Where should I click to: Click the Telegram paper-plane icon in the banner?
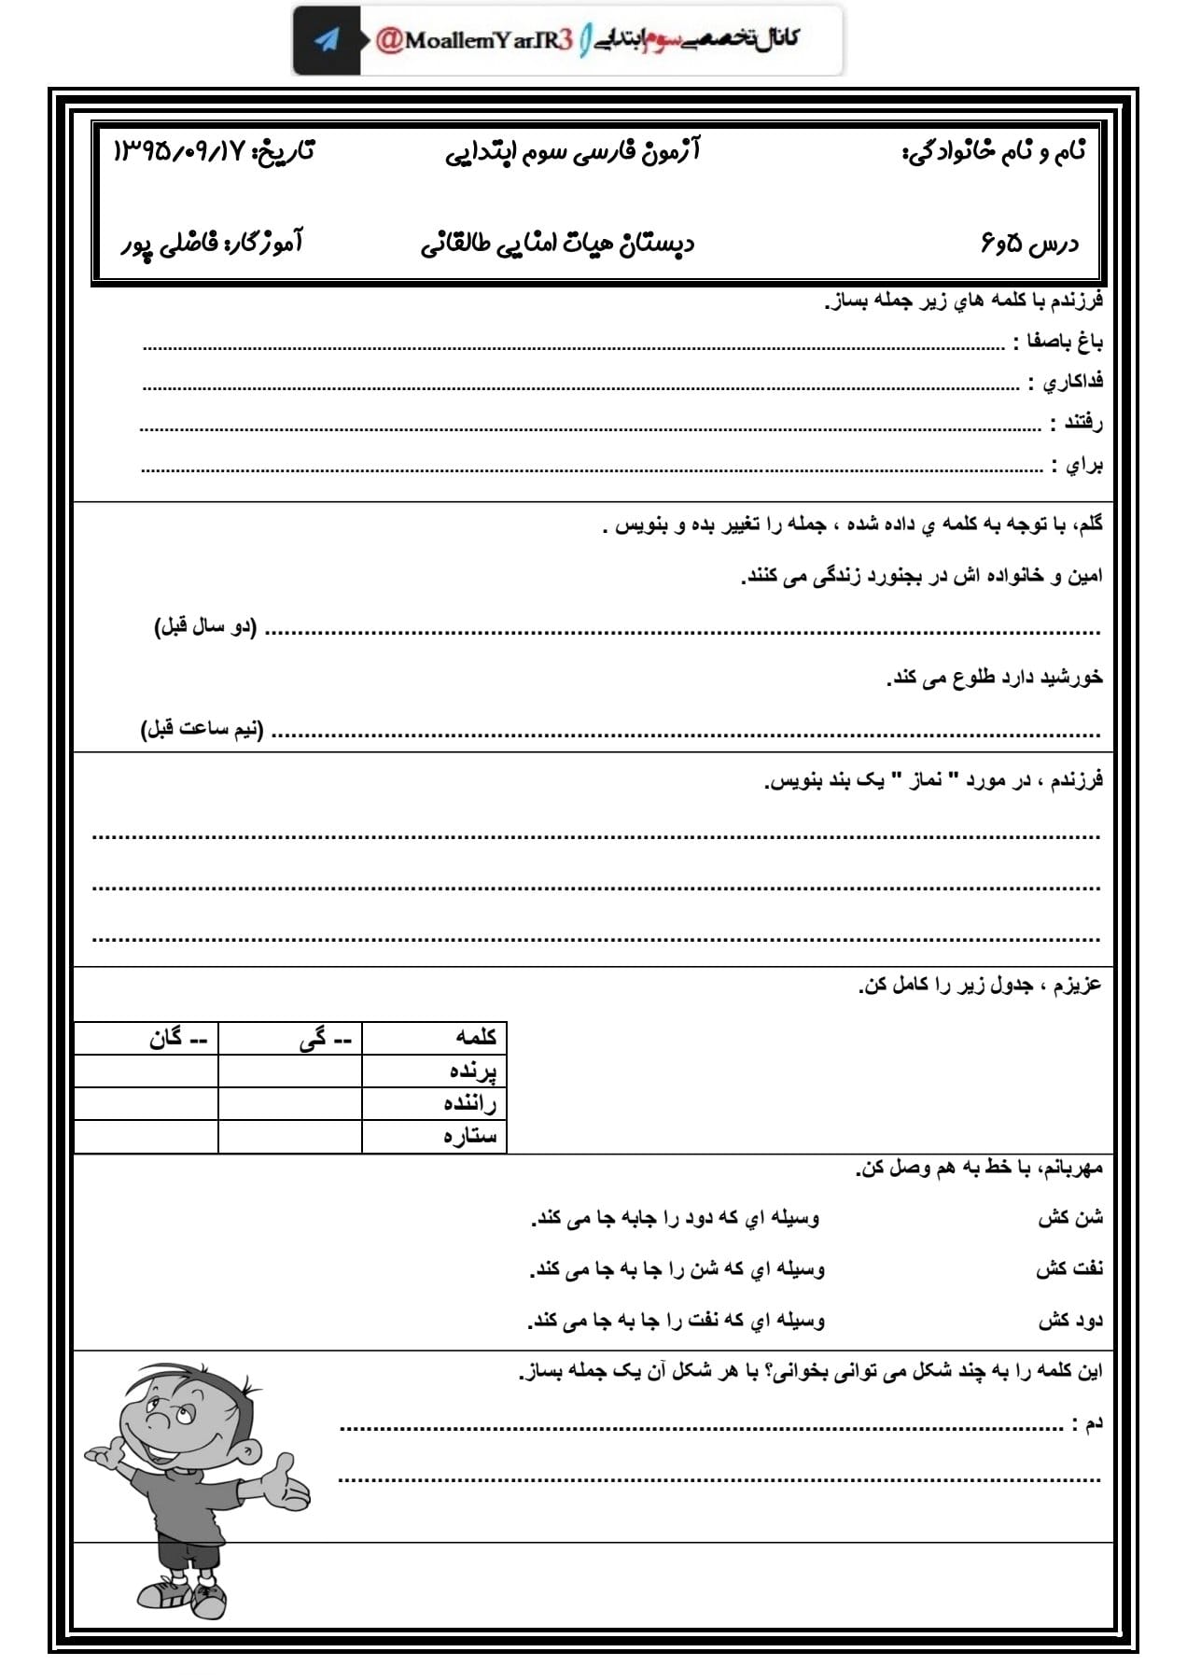click(x=327, y=40)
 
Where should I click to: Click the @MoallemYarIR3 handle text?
click(x=473, y=40)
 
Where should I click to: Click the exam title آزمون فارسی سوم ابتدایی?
click(x=572, y=150)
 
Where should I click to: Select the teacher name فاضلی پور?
click(x=169, y=245)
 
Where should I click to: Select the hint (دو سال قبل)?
click(x=205, y=627)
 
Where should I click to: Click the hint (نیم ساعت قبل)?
click(x=202, y=729)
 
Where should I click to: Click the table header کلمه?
click(x=476, y=1037)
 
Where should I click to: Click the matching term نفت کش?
click(x=1069, y=1268)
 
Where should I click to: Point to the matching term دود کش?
click(x=1070, y=1321)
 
